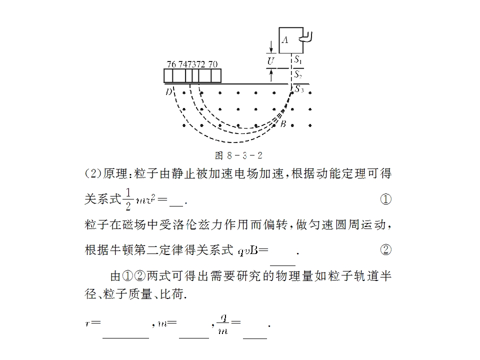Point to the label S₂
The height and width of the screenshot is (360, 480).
298,75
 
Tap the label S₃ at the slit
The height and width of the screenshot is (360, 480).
299,89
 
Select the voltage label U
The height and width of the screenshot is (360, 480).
270,61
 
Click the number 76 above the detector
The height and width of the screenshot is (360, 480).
171,64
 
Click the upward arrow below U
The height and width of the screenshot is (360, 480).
271,75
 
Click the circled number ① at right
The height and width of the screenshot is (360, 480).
385,199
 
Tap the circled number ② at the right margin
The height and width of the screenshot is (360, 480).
385,249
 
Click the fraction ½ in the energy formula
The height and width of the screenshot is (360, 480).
128,198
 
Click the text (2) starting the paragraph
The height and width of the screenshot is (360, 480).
93,174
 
